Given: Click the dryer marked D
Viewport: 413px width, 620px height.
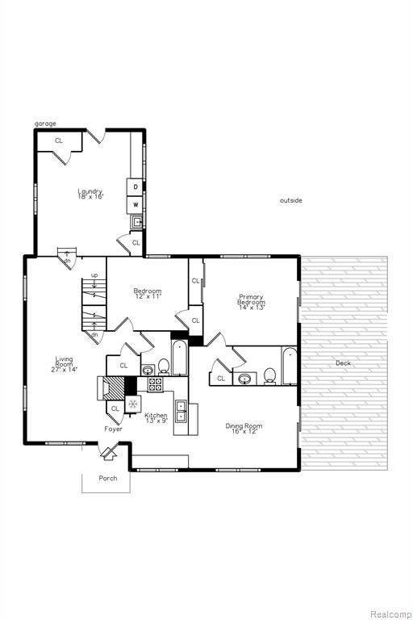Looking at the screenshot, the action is (x=135, y=186).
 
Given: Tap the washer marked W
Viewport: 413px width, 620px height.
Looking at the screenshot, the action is (x=135, y=205).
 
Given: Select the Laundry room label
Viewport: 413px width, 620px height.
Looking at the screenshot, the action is (x=90, y=194).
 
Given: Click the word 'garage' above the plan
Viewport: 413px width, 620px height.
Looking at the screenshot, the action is (x=45, y=124).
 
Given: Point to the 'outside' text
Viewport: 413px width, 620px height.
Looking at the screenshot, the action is (x=291, y=200).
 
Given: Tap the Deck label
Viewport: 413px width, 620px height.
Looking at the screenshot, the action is (x=343, y=363).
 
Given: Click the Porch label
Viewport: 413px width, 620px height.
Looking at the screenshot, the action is (x=108, y=478).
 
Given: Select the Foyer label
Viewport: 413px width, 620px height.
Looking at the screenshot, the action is (x=114, y=429).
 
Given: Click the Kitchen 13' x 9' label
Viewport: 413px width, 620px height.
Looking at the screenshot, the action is (x=156, y=418).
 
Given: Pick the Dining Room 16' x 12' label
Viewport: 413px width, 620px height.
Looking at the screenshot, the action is (x=244, y=429).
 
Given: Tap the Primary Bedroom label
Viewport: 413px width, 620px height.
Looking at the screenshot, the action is (x=251, y=302).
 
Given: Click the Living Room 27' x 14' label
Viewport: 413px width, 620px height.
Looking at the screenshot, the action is (x=64, y=364).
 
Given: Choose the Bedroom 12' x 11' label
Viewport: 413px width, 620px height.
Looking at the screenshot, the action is (x=148, y=293).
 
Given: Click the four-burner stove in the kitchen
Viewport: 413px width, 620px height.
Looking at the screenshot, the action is (x=155, y=384).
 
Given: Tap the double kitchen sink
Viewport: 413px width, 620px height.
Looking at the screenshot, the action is (x=181, y=411).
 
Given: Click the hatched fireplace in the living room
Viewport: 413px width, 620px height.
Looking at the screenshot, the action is (x=113, y=387).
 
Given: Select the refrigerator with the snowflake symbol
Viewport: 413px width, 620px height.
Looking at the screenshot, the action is (x=133, y=404).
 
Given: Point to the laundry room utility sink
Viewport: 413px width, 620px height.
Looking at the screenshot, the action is (x=137, y=222).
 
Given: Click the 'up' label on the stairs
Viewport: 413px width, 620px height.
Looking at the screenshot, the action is (x=94, y=275).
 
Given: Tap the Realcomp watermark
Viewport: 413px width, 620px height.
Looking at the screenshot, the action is (x=390, y=614).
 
